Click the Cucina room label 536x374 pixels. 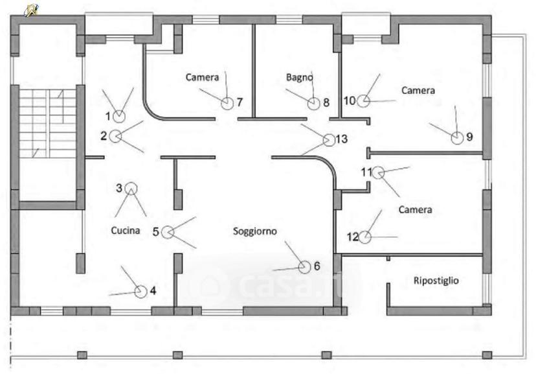coord(126,230)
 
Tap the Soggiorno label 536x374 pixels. coord(254,231)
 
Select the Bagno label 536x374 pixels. coord(300,77)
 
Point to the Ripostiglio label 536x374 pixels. coord(436,281)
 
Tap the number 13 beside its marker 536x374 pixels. coord(342,139)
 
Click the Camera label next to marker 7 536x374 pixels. coord(202,77)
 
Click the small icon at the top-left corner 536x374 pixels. coord(31,10)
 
